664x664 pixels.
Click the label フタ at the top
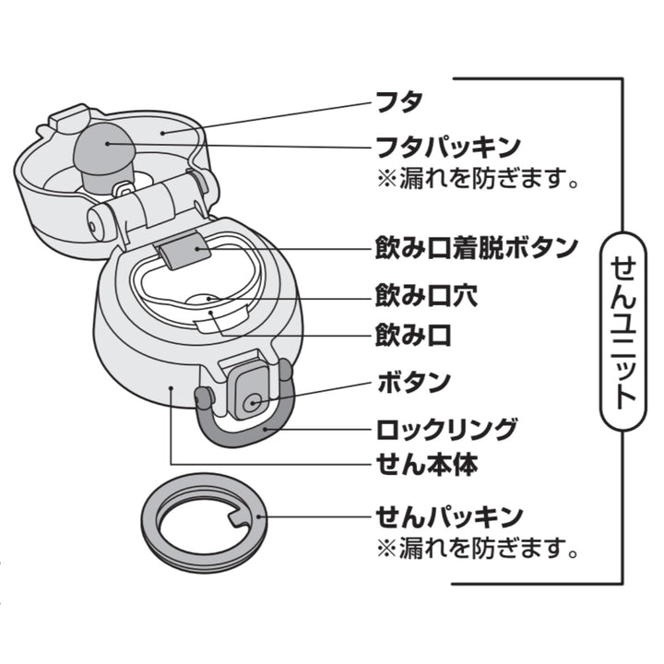click(396, 100)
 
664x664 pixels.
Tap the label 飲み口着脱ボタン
click(477, 248)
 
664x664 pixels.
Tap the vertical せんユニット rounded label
click(624, 332)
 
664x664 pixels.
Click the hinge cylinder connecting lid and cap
click(148, 209)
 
